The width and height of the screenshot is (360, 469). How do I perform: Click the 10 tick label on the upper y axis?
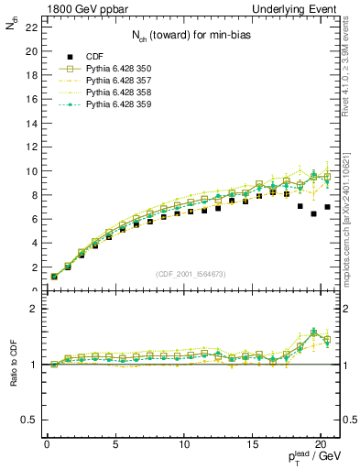30,171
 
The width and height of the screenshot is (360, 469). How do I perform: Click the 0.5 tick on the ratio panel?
28,420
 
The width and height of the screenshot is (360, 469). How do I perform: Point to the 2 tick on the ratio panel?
33,309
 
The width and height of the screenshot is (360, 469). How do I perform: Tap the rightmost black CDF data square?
327,207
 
